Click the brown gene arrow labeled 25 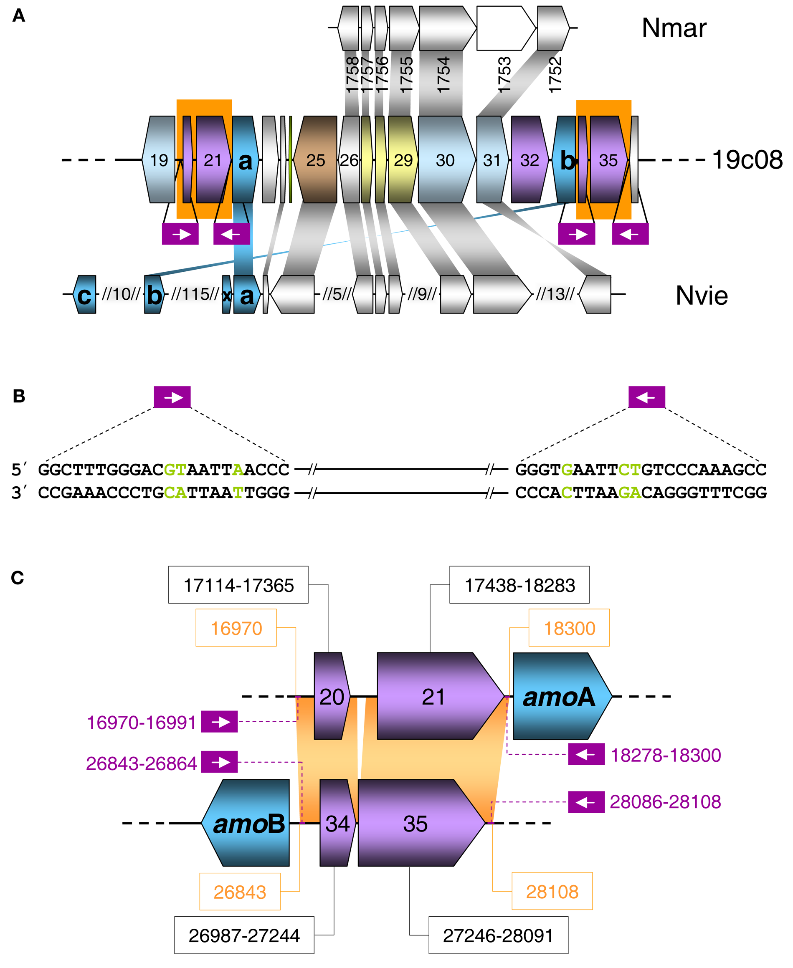[315, 160]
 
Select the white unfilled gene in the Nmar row [505, 28]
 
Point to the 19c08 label [747, 160]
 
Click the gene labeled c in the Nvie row [84, 295]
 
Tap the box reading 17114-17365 [238, 585]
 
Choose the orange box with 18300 [569, 628]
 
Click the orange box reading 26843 [239, 892]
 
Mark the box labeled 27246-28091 [498, 935]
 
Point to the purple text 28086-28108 [665, 802]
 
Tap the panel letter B [19, 396]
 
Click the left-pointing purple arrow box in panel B [646, 397]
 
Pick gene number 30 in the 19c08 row [446, 160]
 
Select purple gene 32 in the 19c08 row [530, 160]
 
